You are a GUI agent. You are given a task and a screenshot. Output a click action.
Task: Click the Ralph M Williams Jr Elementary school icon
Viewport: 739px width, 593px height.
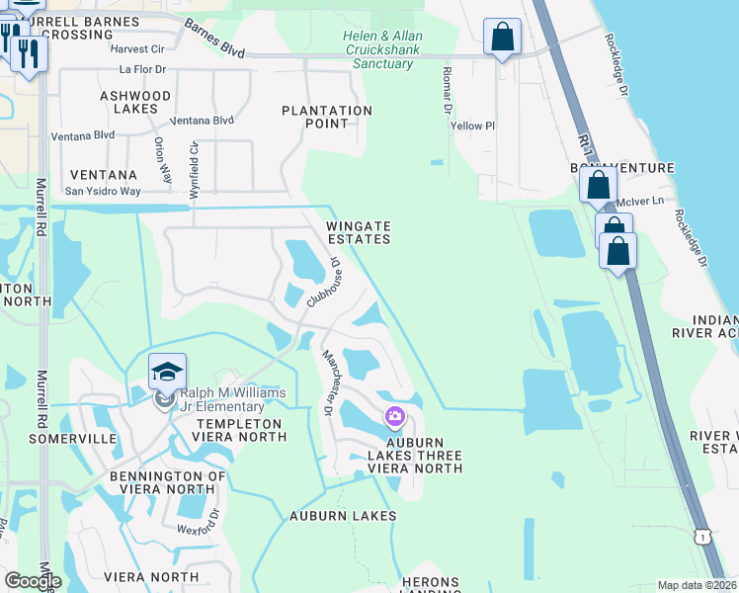pos(167,373)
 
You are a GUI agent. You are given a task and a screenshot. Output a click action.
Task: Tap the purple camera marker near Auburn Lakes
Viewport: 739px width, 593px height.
pos(395,417)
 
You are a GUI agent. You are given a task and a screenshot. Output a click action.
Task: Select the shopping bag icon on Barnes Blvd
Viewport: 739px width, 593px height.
pos(502,38)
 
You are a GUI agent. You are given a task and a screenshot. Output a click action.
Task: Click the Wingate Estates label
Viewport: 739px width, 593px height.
pos(359,232)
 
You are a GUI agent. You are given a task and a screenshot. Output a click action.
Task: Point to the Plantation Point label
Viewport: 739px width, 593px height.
pos(327,117)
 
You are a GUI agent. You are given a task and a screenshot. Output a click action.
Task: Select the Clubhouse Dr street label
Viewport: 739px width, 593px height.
pos(322,283)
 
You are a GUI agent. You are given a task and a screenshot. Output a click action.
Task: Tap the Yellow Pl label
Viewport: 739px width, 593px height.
pos(472,127)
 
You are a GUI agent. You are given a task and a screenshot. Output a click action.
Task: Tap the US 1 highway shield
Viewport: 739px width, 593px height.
pos(703,535)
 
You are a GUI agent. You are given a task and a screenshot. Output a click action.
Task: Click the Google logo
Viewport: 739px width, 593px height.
pos(33,581)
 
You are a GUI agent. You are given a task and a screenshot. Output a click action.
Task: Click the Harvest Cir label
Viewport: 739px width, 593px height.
pos(137,48)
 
